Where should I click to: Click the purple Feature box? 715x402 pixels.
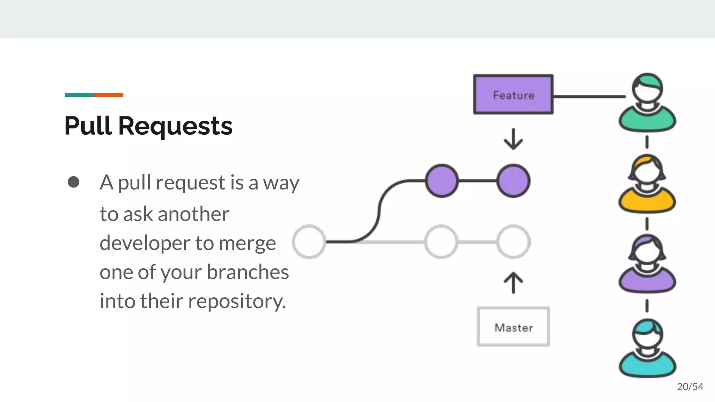513,95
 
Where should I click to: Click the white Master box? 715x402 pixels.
513,327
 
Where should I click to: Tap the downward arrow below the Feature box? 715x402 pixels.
513,139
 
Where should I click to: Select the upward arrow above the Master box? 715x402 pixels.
513,283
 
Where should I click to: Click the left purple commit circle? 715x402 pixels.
442,181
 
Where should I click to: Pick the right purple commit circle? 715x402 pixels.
513,181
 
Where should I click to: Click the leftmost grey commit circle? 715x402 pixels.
309,242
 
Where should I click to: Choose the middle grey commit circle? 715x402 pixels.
441,242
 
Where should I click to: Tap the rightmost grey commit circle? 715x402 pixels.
513,242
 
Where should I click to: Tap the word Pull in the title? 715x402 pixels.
88,126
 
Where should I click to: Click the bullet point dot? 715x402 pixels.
73,182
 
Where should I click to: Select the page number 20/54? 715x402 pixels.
690,387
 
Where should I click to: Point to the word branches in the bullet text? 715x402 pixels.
248,272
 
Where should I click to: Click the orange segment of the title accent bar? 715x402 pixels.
109,95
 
